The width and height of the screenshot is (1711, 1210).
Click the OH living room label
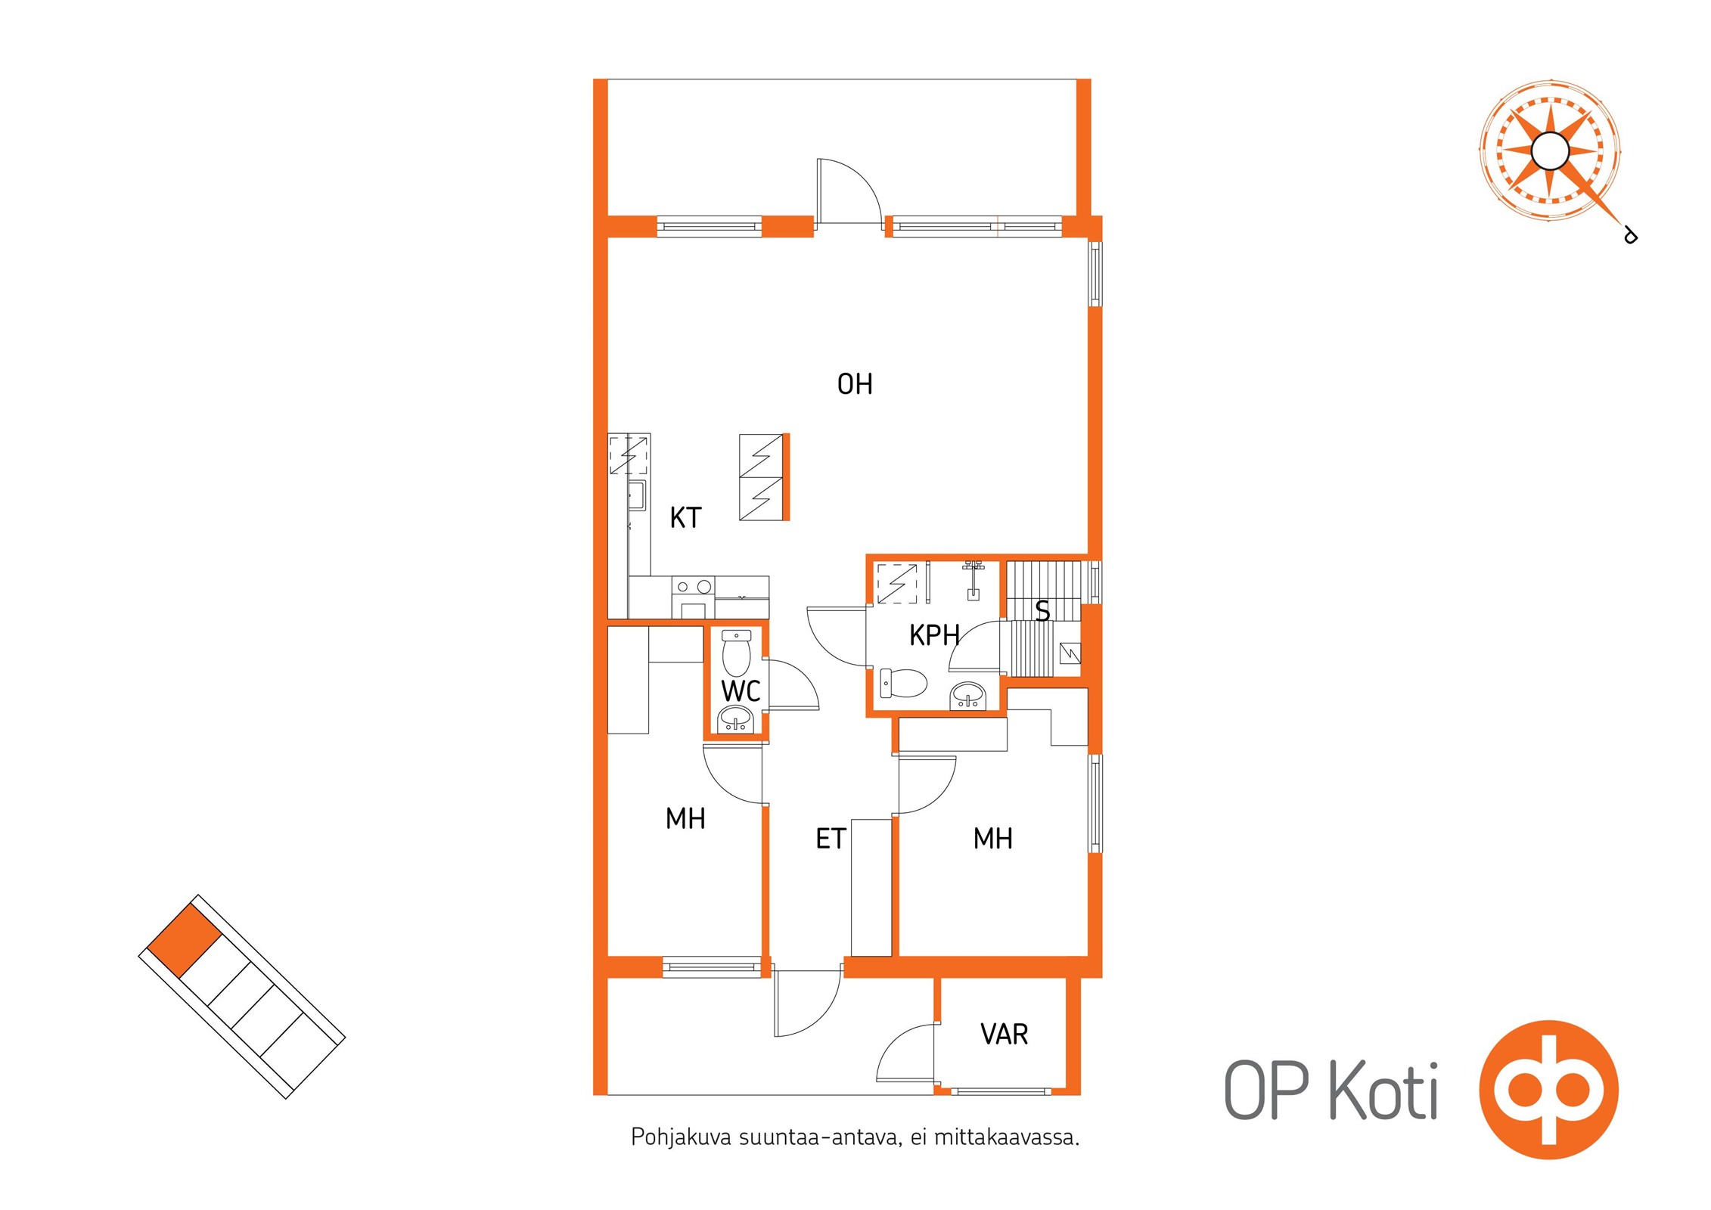[855, 384]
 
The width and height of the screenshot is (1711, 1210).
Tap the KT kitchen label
[685, 518]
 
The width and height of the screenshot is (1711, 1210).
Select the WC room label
[741, 691]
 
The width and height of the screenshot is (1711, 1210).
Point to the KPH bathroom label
[934, 635]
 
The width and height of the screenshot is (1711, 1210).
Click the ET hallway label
[831, 839]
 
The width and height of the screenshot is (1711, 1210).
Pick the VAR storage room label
[1004, 1034]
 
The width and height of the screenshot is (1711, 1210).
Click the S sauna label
[1042, 610]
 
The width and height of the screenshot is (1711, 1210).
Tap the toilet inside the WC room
[736, 653]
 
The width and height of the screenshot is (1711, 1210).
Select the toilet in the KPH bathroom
[903, 683]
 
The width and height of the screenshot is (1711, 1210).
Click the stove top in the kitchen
[694, 586]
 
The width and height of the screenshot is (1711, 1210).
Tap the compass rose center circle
[1550, 150]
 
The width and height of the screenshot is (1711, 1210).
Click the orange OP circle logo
[1548, 1090]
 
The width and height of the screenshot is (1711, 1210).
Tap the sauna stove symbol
[1070, 653]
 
